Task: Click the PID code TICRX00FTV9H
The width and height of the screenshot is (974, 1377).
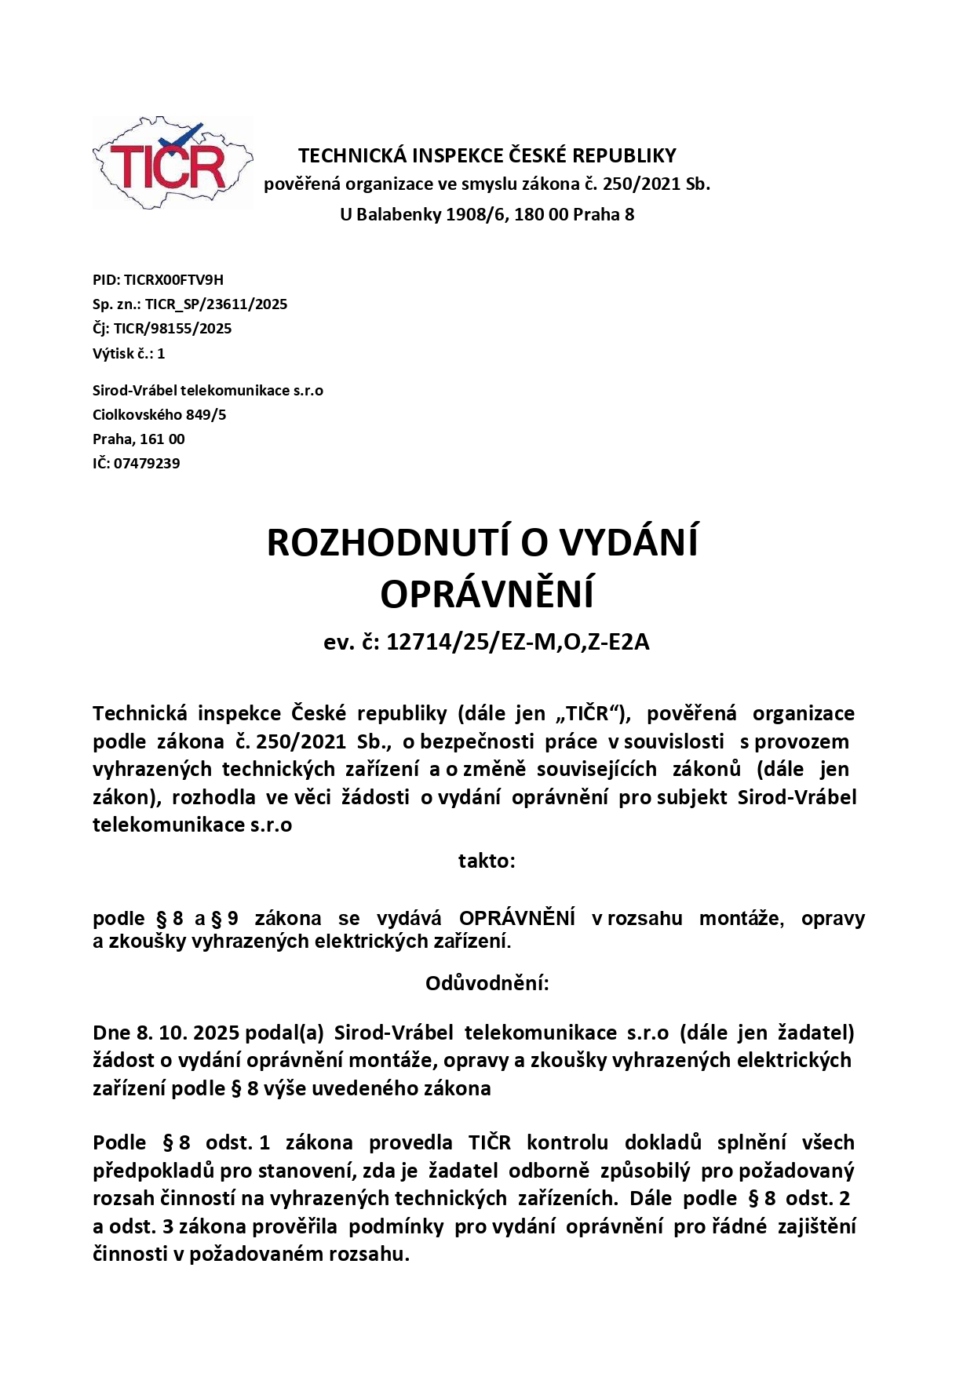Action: (x=173, y=280)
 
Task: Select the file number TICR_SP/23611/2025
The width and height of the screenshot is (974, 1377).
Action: (x=216, y=304)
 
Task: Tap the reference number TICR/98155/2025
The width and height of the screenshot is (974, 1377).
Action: (x=173, y=329)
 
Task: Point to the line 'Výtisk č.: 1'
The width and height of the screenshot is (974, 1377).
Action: (x=129, y=354)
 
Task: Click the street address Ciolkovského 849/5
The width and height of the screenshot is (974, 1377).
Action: (x=159, y=415)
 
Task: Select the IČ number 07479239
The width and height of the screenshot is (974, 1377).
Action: (x=147, y=464)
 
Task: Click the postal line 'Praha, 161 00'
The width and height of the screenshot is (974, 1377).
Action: (x=139, y=439)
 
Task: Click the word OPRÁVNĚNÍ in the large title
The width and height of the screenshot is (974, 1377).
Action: (x=487, y=595)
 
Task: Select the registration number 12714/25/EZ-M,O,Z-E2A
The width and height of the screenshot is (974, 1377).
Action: (x=518, y=643)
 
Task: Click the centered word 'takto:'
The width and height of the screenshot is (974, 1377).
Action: (x=487, y=862)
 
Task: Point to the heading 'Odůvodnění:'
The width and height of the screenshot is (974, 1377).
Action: (x=487, y=984)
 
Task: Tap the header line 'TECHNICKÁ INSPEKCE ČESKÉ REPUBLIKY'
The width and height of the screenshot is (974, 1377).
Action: (x=487, y=155)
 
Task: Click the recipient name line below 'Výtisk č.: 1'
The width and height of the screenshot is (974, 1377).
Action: (x=208, y=391)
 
